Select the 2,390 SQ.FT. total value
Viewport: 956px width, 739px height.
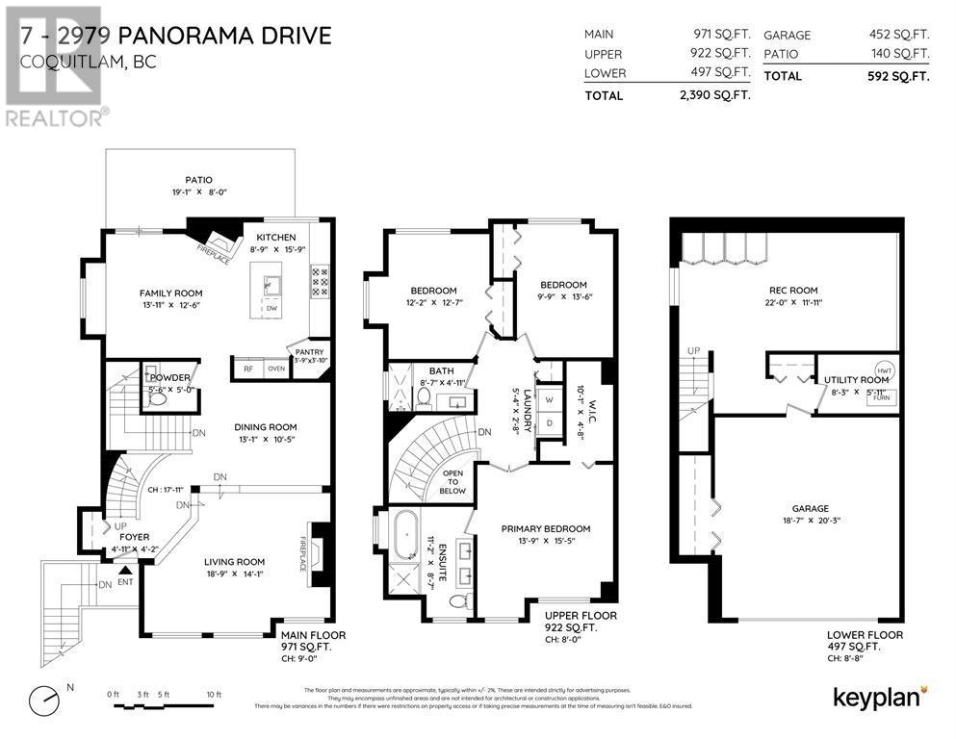pos(714,95)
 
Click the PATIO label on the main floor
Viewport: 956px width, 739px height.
pos(198,179)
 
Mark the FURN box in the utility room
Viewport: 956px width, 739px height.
pos(881,396)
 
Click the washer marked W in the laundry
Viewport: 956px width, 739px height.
pos(549,399)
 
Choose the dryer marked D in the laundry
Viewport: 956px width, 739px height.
pos(549,422)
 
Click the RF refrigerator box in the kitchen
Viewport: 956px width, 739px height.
pos(247,368)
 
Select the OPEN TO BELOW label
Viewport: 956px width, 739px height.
pos(452,482)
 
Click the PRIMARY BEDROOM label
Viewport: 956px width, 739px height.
pos(546,528)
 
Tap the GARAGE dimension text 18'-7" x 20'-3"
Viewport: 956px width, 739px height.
pos(811,522)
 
